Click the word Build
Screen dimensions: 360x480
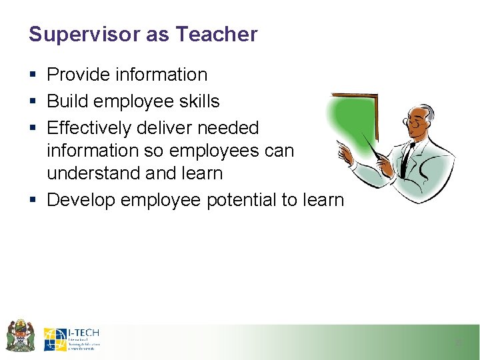point(69,101)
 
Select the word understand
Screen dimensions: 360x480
point(93,173)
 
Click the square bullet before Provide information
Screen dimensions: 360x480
point(33,75)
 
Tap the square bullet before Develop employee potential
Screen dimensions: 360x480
point(33,200)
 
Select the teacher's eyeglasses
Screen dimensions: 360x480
point(415,123)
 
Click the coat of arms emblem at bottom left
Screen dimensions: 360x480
point(20,335)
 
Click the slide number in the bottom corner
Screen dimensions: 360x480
point(457,343)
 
